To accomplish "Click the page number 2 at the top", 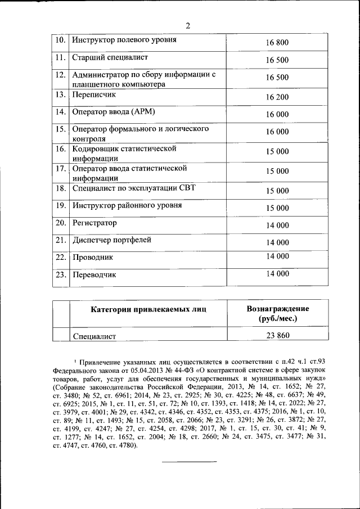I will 188,25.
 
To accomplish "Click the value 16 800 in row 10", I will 277,43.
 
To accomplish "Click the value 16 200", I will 277,97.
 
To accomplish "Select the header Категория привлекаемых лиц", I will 148,309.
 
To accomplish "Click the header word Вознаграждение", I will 278,309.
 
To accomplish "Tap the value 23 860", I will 278,336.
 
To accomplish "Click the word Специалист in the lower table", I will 94,336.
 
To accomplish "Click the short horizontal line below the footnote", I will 189,462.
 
